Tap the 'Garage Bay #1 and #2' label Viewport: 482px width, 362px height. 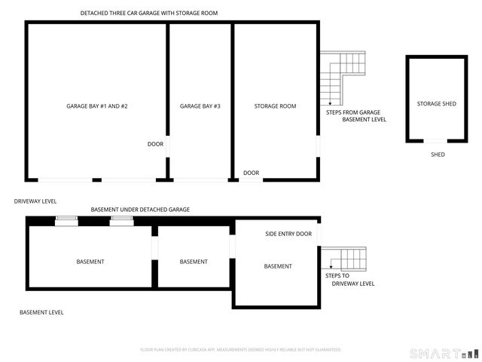point(96,106)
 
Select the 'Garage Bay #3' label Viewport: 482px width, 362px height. point(200,106)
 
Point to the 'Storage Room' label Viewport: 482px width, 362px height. point(276,106)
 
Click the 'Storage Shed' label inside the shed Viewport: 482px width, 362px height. point(436,103)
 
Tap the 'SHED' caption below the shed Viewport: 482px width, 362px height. point(437,155)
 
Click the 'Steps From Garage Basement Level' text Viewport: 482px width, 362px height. point(352,115)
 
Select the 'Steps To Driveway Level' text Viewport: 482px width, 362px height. point(349,279)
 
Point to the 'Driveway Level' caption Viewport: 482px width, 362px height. point(35,201)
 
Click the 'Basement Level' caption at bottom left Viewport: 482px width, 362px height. point(41,312)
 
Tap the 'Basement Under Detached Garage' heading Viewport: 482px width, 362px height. point(140,209)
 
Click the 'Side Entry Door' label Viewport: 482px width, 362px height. point(288,234)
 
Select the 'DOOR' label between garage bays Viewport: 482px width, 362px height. point(155,144)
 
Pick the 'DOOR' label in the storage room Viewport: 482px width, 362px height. point(251,173)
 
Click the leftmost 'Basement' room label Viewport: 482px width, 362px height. point(90,262)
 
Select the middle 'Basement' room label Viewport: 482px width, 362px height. point(194,262)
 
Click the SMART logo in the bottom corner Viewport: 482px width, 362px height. point(443,353)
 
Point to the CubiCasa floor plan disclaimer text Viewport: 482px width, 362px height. point(241,350)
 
